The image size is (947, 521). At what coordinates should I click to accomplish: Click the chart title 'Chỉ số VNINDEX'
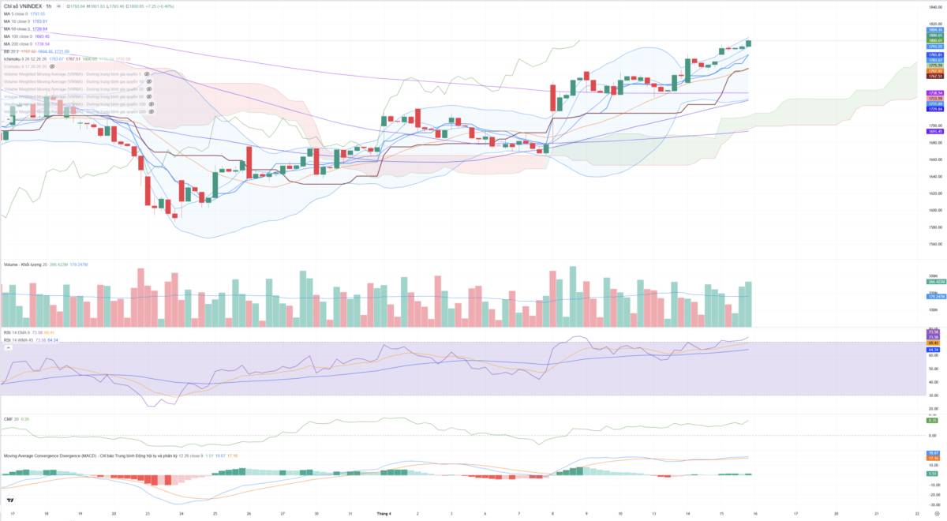[x=22, y=6]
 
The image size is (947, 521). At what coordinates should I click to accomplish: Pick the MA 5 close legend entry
[x=24, y=14]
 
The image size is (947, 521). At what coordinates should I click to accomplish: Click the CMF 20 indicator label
[x=13, y=419]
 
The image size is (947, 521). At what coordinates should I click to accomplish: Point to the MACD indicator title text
[x=95, y=455]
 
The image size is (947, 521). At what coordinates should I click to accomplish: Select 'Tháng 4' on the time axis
[x=384, y=513]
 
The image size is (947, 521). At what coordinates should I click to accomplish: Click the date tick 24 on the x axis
[x=182, y=513]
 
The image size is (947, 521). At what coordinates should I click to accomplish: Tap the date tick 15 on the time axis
[x=721, y=513]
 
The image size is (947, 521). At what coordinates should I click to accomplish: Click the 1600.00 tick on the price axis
[x=934, y=211]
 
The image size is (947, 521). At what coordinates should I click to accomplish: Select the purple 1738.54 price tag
[x=935, y=93]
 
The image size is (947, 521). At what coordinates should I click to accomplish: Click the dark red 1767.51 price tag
[x=935, y=76]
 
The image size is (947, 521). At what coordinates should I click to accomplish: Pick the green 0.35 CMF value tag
[x=932, y=420]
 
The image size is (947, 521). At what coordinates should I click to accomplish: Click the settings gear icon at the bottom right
[x=935, y=513]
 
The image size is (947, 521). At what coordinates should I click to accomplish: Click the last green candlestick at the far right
[x=748, y=43]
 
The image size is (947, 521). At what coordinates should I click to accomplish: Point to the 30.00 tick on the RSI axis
[x=932, y=395]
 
